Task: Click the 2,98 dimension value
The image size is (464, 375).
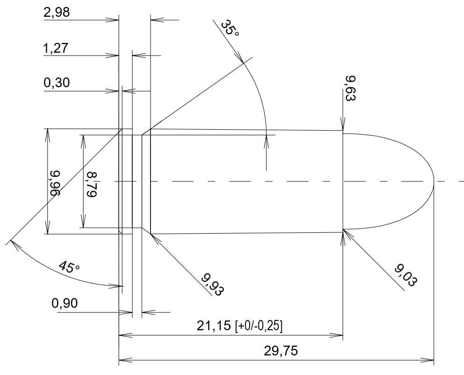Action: (x=57, y=13)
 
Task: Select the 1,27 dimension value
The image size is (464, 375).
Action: (x=56, y=48)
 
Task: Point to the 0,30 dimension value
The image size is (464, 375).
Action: (x=57, y=83)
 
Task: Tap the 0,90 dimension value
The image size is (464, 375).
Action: (x=64, y=303)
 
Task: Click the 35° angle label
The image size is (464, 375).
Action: (x=230, y=28)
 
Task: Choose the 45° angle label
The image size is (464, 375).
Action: (x=69, y=267)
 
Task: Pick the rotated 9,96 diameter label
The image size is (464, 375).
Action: (x=55, y=183)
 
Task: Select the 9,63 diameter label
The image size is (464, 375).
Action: (x=350, y=89)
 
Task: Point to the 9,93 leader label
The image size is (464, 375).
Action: (x=213, y=284)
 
